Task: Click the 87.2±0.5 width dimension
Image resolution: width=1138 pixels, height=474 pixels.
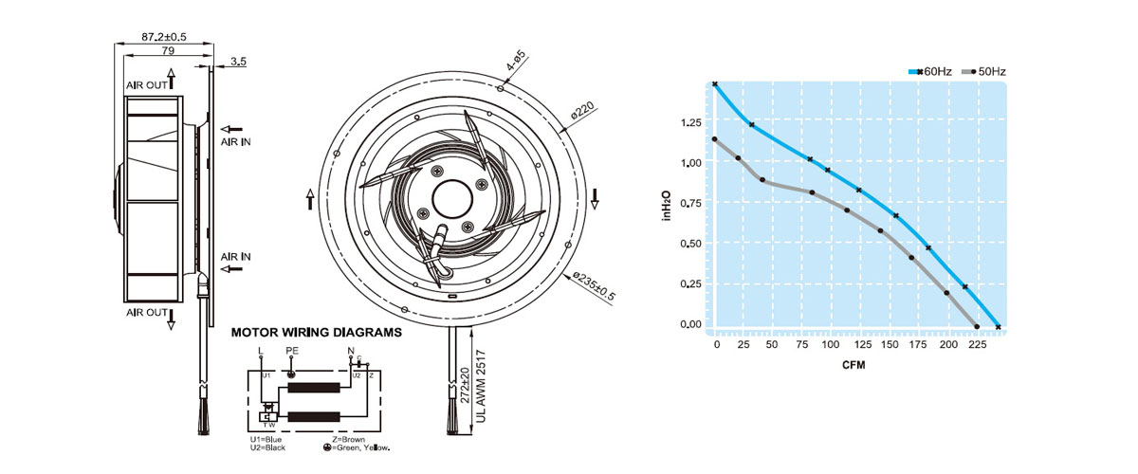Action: click(163, 37)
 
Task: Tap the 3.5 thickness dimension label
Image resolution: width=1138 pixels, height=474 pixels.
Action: click(238, 61)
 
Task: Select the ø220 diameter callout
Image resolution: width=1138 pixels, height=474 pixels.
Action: click(582, 110)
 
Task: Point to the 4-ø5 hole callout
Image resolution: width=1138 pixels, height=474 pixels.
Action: click(516, 61)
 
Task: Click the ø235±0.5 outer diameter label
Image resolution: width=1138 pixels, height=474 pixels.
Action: click(594, 285)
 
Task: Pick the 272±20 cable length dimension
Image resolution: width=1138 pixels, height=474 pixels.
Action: click(465, 385)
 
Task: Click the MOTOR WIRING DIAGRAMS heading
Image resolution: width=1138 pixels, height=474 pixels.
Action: click(316, 332)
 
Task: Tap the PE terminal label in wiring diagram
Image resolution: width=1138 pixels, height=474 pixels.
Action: click(292, 351)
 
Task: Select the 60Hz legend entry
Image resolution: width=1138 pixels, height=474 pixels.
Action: click(930, 72)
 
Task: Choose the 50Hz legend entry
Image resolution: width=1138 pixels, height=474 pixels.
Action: click(984, 72)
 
